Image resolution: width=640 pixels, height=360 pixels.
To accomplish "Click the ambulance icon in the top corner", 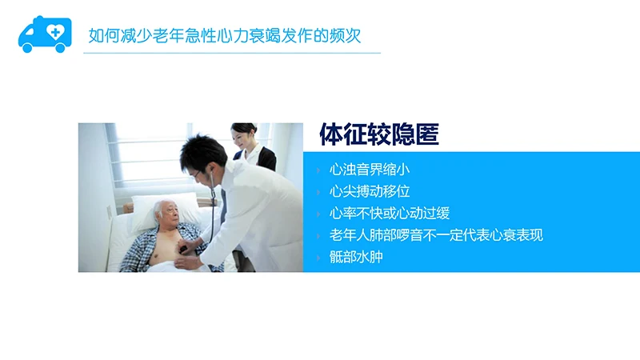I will pos(45,34).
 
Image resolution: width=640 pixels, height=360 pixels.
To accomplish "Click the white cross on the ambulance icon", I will pos(55,31).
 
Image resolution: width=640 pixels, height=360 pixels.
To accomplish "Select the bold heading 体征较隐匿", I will pos(378,135).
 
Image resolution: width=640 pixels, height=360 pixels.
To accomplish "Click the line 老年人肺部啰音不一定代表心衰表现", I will pos(436,235).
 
